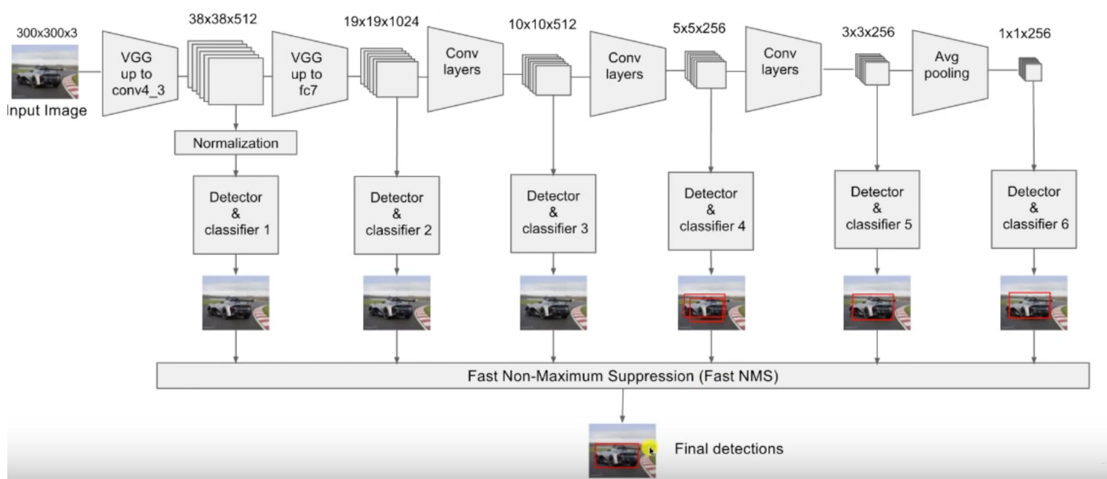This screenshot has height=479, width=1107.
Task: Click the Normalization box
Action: click(235, 143)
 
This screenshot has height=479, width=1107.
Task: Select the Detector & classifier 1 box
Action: click(235, 214)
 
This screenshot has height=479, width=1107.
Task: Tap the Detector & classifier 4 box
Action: click(711, 210)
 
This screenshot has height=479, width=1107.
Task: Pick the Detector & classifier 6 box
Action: click(1034, 208)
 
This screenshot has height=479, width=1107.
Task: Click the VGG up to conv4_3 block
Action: click(139, 74)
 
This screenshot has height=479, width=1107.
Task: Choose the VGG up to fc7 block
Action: click(307, 73)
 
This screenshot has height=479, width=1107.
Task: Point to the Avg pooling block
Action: click(949, 72)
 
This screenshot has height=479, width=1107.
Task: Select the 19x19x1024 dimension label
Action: click(381, 21)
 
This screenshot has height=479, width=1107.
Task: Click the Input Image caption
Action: click(45, 111)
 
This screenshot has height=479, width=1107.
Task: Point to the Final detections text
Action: click(729, 448)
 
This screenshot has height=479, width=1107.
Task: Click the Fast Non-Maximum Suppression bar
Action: click(622, 376)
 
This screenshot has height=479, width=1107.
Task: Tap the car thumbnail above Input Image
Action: click(44, 72)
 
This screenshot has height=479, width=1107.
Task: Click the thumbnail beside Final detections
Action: click(622, 451)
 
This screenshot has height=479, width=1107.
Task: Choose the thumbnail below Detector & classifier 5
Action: click(876, 302)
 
